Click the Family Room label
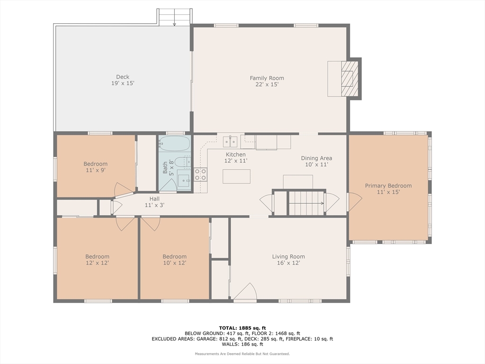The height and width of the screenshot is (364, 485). point(267,81)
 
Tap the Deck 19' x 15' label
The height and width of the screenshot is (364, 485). point(122,80)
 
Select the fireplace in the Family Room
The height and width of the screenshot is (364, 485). point(349,79)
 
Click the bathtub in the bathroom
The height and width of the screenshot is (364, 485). point(174,143)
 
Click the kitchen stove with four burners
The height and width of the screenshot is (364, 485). point(200,174)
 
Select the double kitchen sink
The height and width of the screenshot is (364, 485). point(231,141)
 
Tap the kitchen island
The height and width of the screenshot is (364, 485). point(236,176)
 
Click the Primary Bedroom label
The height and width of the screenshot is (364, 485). point(388,189)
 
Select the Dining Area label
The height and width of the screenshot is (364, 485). point(316,161)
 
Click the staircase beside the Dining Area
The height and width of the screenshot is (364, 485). point(306,203)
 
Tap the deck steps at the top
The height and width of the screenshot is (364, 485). point(174,17)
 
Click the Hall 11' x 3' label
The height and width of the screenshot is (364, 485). point(154,202)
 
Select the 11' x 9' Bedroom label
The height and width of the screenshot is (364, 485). point(95,167)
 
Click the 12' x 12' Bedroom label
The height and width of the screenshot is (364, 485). point(97,259)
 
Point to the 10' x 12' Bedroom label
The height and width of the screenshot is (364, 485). point(174,259)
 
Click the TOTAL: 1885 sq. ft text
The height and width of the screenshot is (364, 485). point(242,328)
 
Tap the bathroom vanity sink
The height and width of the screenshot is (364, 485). point(183,180)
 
